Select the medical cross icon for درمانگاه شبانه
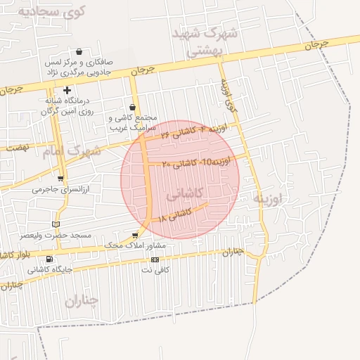pos(67,90)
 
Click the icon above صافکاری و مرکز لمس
pos(78,51)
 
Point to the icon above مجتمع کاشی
pos(133,108)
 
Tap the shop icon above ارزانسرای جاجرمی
pos(60,179)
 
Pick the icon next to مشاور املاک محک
pos(135,235)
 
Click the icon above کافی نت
pos(155,259)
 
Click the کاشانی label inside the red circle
pos(187,193)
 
